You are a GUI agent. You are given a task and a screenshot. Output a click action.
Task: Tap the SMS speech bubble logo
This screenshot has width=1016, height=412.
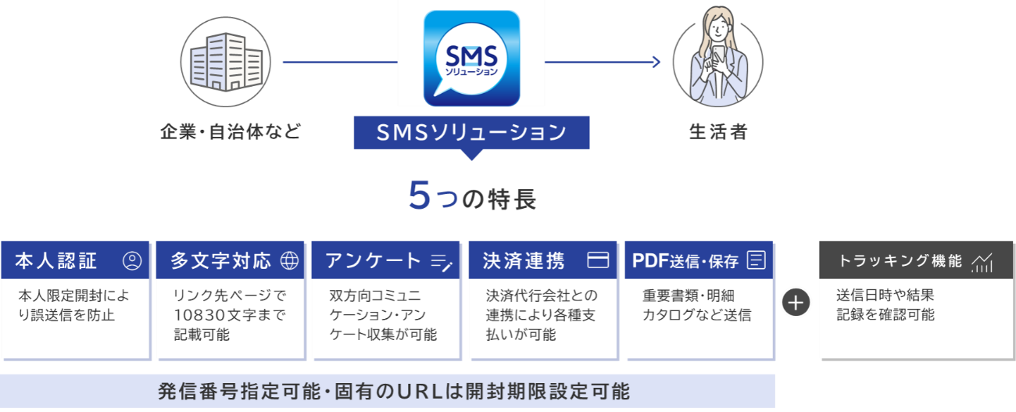point(471,58)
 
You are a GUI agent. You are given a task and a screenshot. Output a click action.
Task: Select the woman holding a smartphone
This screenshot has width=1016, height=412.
point(717,59)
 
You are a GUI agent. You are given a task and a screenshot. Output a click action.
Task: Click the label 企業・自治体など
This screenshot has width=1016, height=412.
point(231,132)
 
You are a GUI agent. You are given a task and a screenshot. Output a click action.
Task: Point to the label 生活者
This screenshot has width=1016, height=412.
point(718,132)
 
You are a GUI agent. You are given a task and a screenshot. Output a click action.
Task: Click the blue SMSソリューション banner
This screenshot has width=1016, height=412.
point(471,132)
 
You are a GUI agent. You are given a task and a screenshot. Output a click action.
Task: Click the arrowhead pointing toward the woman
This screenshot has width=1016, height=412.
point(656,62)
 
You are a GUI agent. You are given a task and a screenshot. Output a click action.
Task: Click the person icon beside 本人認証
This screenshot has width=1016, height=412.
point(132,261)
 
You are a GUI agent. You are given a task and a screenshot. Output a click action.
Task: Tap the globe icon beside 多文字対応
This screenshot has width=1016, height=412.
point(289,261)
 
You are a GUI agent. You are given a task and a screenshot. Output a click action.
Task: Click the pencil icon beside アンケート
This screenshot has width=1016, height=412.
point(442,262)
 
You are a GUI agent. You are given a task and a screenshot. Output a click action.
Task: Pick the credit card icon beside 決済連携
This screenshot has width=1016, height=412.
point(598,261)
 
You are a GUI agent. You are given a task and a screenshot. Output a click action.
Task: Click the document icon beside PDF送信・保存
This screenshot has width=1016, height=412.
point(756,261)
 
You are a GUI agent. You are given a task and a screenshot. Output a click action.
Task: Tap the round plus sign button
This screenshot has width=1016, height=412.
point(796,303)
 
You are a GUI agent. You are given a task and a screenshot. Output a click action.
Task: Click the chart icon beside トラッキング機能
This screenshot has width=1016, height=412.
point(982,263)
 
